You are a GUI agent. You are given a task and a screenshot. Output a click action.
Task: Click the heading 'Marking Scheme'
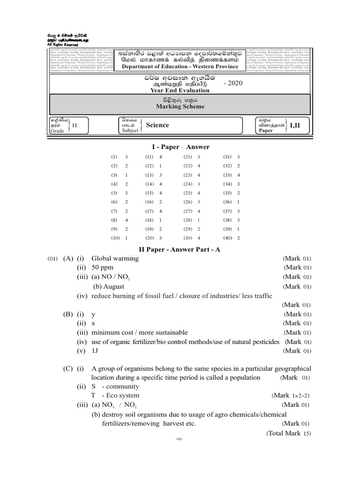point(180,107)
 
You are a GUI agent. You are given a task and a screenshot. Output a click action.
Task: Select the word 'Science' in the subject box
point(157,125)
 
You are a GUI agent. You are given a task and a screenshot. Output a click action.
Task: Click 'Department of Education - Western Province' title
point(180,67)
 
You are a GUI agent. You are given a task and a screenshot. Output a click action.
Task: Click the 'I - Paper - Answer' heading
point(180,147)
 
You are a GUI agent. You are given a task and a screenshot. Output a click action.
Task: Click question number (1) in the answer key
point(114,157)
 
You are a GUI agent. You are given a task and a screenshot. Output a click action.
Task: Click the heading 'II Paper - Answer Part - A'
point(180,250)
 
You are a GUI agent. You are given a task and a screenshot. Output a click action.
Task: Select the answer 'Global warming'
point(113,259)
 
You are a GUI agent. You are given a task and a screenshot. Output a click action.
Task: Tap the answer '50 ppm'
point(103,268)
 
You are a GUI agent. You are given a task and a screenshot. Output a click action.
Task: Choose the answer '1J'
point(95,351)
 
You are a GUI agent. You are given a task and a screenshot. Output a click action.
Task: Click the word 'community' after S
point(123,387)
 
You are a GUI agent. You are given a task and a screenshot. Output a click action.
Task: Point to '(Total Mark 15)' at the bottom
point(289,434)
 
